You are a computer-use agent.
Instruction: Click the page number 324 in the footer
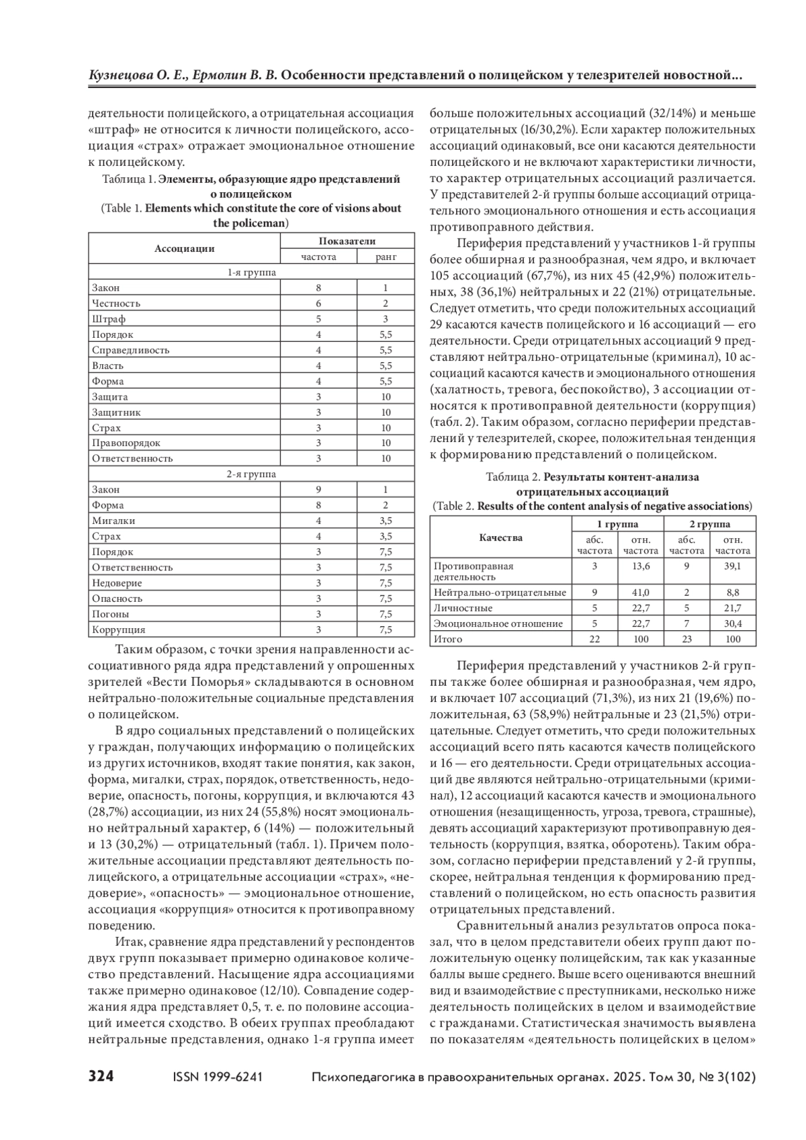(101, 1077)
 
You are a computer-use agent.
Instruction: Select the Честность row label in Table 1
(116, 303)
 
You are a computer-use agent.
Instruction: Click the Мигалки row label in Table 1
(114, 521)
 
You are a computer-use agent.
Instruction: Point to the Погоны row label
(111, 614)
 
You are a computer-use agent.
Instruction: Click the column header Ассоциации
(184, 249)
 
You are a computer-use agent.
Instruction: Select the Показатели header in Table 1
(347, 241)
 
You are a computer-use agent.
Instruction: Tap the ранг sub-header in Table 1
(386, 257)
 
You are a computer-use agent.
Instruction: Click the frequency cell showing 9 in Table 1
(318, 490)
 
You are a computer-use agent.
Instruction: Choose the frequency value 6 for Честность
(318, 303)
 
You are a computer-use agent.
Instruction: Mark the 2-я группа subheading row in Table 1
(251, 474)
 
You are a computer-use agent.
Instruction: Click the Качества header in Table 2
(500, 537)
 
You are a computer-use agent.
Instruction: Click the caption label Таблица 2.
(512, 478)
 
